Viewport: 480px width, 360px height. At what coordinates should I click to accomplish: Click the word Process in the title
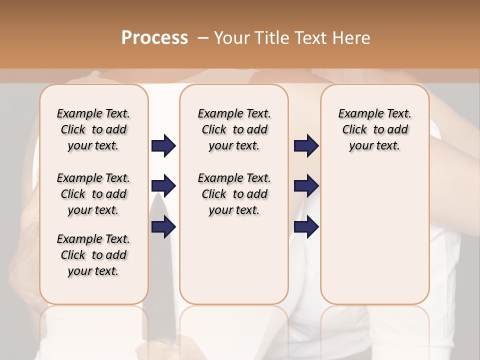pos(154,37)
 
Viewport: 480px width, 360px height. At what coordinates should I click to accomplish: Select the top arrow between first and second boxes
pos(163,146)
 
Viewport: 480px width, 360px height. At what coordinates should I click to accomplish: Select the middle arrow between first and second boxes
pos(163,186)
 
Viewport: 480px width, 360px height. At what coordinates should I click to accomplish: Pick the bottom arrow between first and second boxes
pos(163,227)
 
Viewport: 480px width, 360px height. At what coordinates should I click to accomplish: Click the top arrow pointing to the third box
pos(306,146)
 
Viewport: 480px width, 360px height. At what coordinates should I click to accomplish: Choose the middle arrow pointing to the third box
pos(306,186)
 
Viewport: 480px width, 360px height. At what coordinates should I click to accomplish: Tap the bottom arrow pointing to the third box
pos(306,227)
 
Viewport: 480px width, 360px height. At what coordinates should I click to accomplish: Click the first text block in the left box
pos(93,129)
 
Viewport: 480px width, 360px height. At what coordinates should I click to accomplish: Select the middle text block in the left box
pos(93,194)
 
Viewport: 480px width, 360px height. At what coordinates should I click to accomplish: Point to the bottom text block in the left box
pos(93,255)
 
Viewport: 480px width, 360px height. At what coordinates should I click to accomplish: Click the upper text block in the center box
pos(234,129)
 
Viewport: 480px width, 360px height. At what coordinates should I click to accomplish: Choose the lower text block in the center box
pos(234,194)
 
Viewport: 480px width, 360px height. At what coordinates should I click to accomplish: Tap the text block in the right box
pos(374,129)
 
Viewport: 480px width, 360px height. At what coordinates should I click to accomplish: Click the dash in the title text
pos(203,37)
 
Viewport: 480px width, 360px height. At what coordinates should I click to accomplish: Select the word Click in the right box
pos(354,130)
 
